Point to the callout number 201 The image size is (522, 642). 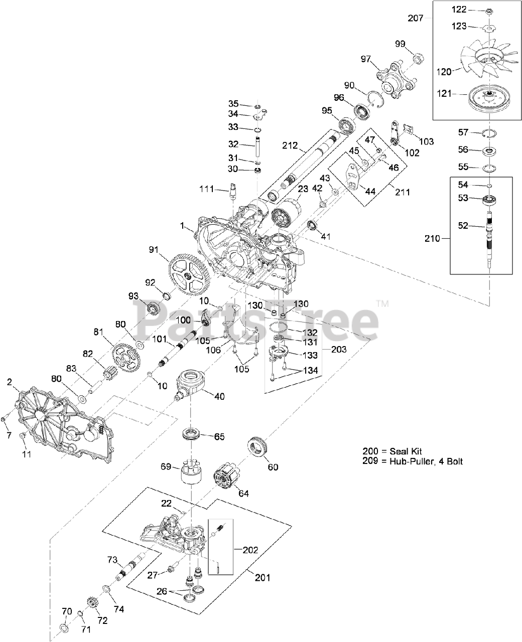[262, 578]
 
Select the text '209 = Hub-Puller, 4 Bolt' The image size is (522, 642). [412, 461]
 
